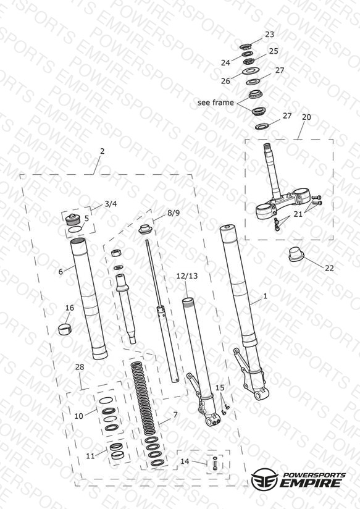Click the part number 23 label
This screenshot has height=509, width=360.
[269, 35]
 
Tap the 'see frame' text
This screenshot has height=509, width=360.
[216, 103]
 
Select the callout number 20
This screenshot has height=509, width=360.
[306, 117]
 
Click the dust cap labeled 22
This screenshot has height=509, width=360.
[296, 255]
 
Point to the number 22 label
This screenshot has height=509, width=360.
[329, 268]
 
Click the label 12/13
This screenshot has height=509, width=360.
[187, 276]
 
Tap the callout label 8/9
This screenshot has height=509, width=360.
[174, 212]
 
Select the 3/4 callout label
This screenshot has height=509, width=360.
[111, 204]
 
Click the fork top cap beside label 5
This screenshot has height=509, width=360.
[73, 220]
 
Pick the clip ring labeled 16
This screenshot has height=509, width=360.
[65, 329]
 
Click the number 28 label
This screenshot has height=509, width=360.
[80, 367]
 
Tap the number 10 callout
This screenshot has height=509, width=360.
[79, 416]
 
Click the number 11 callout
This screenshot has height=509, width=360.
[90, 456]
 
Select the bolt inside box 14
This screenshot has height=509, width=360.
[215, 463]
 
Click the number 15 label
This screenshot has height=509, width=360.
[220, 387]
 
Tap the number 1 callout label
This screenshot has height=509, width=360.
[265, 296]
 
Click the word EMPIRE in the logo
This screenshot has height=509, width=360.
[311, 482]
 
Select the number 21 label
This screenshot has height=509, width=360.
[298, 214]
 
